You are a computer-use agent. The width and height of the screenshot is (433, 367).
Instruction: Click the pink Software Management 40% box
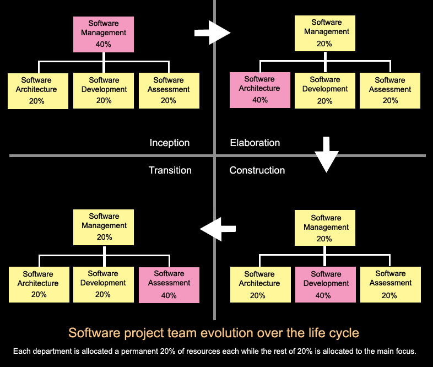pos(104,35)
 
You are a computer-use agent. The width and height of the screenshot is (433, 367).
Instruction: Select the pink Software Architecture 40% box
pos(260,90)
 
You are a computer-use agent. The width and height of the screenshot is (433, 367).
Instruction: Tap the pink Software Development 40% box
pos(326,285)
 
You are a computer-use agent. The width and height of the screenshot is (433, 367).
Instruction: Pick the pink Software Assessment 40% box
pos(169,285)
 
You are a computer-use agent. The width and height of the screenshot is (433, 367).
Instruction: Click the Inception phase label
pos(170,143)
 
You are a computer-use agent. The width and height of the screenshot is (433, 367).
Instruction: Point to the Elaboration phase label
pos(255,143)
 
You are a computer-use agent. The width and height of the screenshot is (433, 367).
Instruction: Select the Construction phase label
pos(257,170)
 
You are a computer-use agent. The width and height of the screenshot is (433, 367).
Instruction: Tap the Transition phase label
pos(170,170)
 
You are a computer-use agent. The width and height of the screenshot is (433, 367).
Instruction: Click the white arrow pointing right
pos(212,33)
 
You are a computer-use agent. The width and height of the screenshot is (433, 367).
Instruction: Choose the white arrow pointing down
pos(327,155)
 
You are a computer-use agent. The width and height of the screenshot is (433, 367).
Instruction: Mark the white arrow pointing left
pos(218,229)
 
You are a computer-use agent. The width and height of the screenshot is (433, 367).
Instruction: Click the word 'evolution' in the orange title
pos(225,333)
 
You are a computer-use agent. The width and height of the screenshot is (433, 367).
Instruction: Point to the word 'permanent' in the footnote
pos(140,351)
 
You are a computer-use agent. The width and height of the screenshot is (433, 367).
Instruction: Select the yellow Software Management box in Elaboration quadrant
pos(325,34)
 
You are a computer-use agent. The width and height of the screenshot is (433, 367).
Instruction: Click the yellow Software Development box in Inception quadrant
pos(104,90)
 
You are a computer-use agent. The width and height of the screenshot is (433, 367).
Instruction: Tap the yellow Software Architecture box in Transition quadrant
pos(39,284)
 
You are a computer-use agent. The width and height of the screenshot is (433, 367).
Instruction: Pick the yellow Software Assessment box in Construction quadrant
pos(391,284)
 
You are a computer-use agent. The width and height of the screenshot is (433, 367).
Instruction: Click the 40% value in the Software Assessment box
pos(169,295)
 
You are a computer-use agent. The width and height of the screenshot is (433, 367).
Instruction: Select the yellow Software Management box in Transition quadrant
pos(104,227)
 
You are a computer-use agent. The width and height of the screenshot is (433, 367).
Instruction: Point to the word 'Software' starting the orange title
pos(94,333)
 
